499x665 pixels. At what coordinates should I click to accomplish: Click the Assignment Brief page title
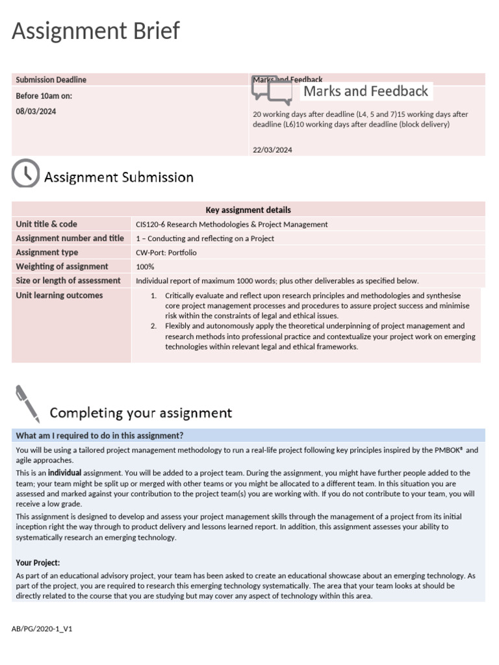96,31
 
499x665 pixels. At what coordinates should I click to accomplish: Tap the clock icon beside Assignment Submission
25,173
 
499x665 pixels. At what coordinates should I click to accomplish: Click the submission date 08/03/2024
36,111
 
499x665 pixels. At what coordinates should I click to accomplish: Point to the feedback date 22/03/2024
272,150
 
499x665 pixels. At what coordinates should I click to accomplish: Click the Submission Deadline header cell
51,80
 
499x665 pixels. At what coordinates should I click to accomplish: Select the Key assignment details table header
248,210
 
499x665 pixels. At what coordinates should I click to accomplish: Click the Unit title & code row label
46,224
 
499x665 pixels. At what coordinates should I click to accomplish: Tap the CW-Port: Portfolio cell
166,253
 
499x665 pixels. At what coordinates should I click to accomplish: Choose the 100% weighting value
144,267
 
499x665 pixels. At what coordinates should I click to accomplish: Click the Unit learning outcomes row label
59,295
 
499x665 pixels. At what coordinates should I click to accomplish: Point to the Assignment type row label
47,253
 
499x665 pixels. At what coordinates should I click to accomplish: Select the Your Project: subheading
38,562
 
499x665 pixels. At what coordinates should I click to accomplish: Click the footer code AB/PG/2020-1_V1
42,629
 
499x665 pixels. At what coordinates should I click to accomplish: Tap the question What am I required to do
99,435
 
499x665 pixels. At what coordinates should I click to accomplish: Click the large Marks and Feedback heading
366,92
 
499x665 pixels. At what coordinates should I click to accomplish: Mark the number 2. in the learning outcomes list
154,326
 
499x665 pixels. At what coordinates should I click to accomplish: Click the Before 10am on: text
44,95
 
